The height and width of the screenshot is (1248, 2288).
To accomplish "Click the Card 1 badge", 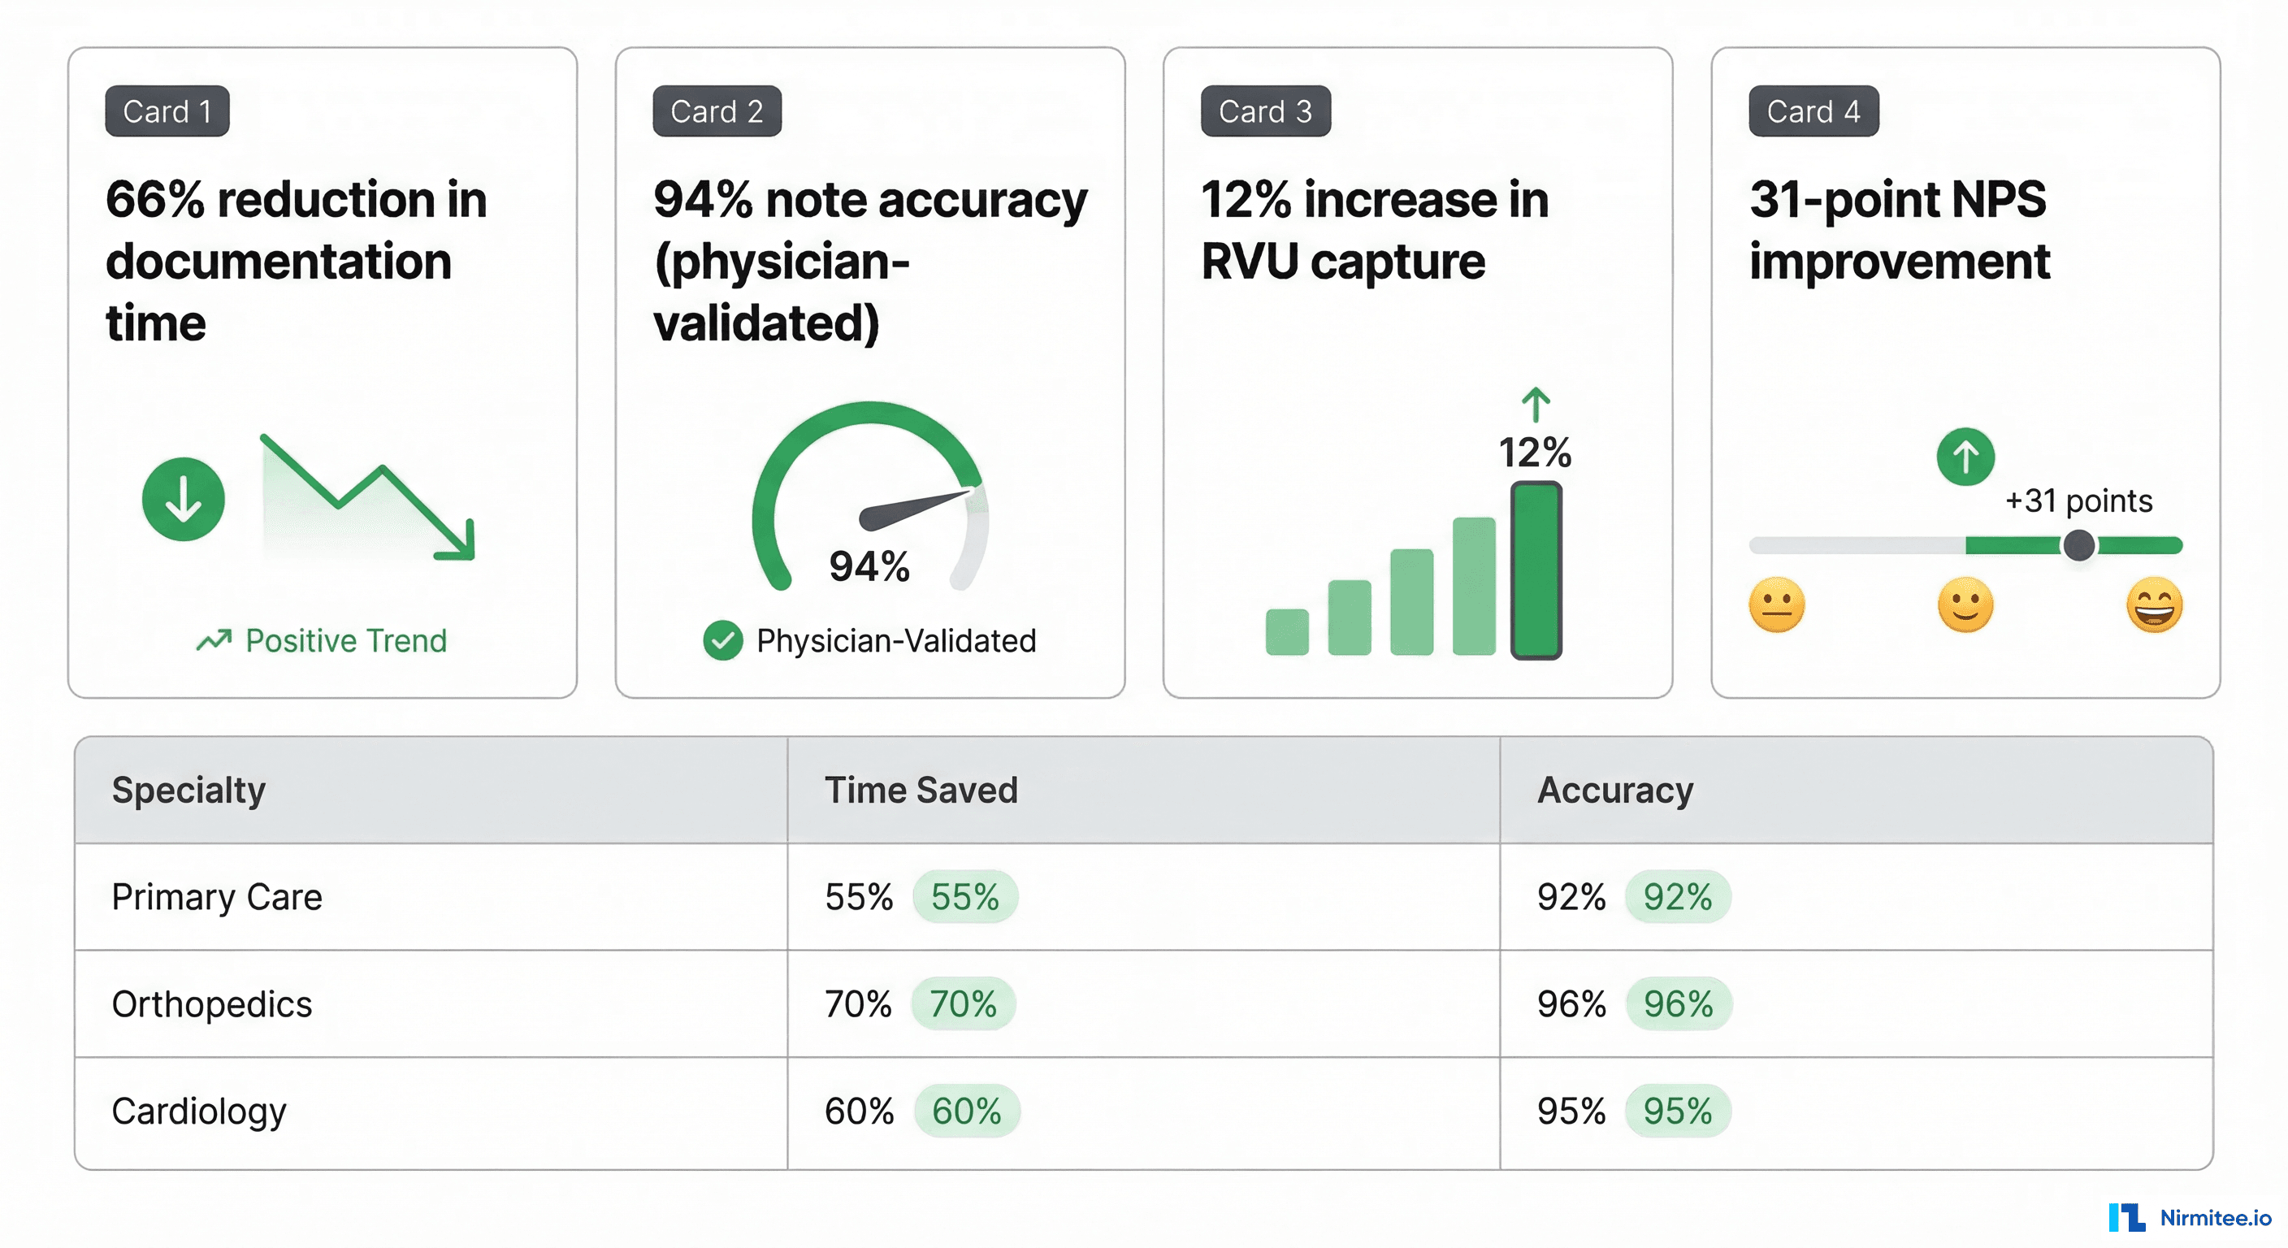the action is pos(167,111).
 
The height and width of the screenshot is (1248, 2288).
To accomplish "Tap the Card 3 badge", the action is pos(1265,111).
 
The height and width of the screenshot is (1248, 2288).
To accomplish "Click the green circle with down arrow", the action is pos(183,499).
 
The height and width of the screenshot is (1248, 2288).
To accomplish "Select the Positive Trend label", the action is pos(344,640).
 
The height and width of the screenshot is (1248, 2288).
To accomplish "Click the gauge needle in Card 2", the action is pos(915,508).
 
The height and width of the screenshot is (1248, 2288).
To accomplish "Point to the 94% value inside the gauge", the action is pos(869,565).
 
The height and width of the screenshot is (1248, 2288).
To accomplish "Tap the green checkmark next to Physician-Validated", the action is pos(723,640).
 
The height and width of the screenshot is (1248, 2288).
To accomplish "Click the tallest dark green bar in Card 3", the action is pos(1536,570).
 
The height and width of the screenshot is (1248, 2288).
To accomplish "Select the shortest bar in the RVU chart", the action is pos(1287,631).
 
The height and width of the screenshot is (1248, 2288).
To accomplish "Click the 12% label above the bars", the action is pos(1535,452).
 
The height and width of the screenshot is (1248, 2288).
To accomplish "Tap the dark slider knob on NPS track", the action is pos(2078,544).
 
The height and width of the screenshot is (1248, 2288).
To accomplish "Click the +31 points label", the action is pos(2078,501).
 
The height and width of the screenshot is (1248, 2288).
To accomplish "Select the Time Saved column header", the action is pos(921,790).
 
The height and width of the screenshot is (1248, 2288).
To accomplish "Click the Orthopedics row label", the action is pos(211,1003).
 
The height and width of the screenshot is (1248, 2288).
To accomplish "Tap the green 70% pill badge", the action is pos(963,1003).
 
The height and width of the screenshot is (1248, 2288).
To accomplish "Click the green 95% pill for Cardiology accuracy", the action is pos(1677,1111).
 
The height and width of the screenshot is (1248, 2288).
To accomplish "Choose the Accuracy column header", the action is pos(1614,790).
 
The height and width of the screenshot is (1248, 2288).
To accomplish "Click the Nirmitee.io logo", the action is pos(2190,1217).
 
